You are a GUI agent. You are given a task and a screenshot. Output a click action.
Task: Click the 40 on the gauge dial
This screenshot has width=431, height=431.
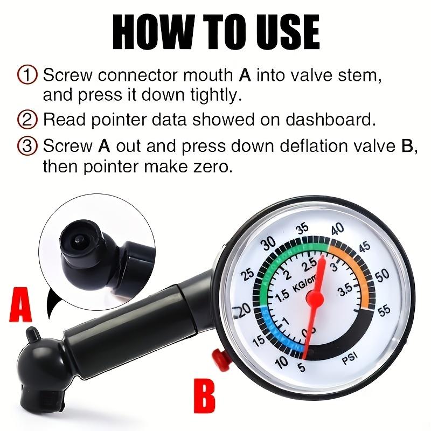[338, 228]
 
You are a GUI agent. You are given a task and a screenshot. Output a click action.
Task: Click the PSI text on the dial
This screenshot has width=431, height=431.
[351, 362]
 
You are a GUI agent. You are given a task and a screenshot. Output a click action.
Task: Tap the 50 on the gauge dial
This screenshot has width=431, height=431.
[382, 275]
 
